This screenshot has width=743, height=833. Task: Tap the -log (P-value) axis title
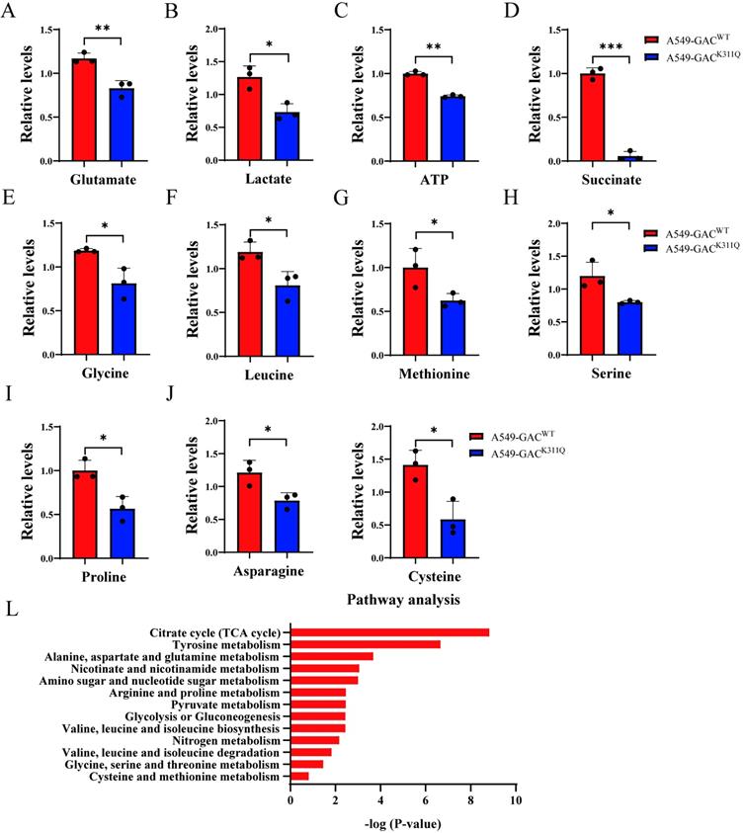point(403,821)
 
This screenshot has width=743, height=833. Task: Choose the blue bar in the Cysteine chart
point(452,539)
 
